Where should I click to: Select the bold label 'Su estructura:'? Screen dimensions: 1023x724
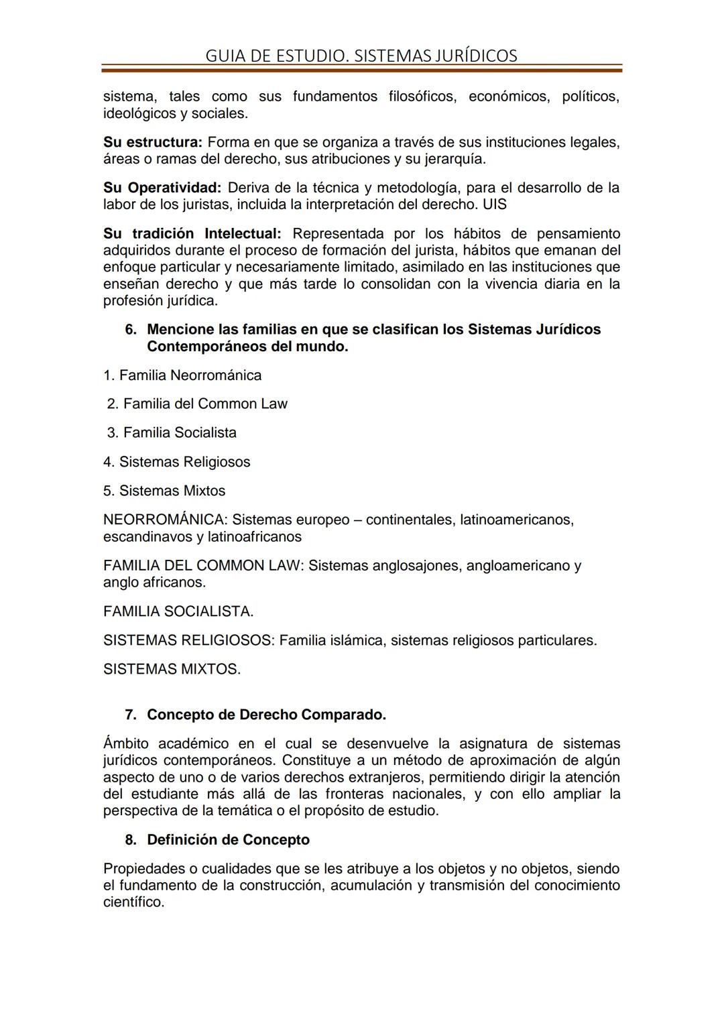tap(152, 142)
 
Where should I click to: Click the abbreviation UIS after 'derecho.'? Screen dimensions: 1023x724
tap(495, 204)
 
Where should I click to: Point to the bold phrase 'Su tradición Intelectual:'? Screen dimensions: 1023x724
tap(192, 234)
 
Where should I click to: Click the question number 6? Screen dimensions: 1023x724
tap(131, 330)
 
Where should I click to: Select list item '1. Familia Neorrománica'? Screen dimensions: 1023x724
tap(182, 375)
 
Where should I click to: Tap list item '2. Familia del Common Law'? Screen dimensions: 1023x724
tap(197, 404)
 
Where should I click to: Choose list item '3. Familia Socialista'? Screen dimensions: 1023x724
tap(172, 432)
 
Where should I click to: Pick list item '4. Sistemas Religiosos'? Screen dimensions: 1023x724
tap(176, 462)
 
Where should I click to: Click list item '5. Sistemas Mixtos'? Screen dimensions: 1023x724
tap(164, 491)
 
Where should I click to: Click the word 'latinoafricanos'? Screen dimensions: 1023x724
tap(255, 537)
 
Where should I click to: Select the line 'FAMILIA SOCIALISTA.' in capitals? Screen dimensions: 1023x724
tap(178, 611)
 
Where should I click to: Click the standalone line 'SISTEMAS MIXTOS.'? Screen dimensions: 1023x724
tap(172, 669)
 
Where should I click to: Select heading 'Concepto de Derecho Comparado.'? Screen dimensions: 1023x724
tap(266, 715)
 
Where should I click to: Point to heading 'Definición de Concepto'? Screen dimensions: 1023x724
tap(228, 840)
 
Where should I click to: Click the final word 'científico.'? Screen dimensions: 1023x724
tap(133, 902)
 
